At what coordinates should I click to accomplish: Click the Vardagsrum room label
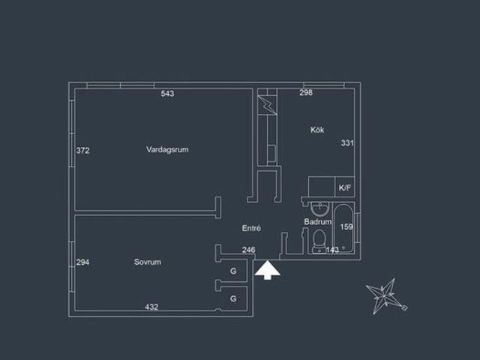(x=167, y=149)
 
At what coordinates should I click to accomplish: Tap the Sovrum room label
(x=148, y=262)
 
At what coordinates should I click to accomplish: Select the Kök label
(x=317, y=130)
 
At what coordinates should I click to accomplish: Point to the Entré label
(x=251, y=228)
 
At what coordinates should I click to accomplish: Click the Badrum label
(x=318, y=222)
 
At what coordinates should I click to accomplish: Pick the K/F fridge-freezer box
(x=345, y=187)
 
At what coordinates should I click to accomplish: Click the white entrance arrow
(x=267, y=270)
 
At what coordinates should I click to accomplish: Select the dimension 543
(x=167, y=93)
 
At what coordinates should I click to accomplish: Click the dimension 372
(x=82, y=150)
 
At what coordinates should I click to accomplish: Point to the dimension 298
(x=306, y=92)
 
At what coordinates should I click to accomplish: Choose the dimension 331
(x=347, y=143)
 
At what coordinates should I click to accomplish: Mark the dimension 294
(x=82, y=262)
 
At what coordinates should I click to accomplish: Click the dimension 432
(x=151, y=307)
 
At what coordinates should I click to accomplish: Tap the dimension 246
(x=248, y=250)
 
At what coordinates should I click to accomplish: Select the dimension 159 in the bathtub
(x=346, y=226)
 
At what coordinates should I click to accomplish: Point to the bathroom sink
(x=320, y=208)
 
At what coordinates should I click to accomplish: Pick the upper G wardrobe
(x=233, y=271)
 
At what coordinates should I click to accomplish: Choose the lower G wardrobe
(x=233, y=298)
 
